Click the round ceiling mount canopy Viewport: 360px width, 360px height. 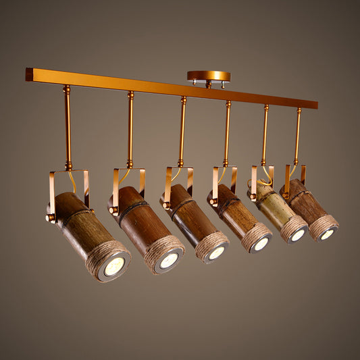click(x=209, y=76)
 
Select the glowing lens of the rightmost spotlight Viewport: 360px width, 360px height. click(x=327, y=234)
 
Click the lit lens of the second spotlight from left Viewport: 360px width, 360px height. click(x=169, y=260)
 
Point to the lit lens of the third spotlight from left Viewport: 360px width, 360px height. click(x=216, y=253)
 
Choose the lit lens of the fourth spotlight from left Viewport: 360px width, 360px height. click(x=261, y=244)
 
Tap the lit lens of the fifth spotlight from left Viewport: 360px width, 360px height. click(x=298, y=235)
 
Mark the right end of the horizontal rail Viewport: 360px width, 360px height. click(x=314, y=105)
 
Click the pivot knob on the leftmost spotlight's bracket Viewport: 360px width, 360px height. click(x=50, y=217)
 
